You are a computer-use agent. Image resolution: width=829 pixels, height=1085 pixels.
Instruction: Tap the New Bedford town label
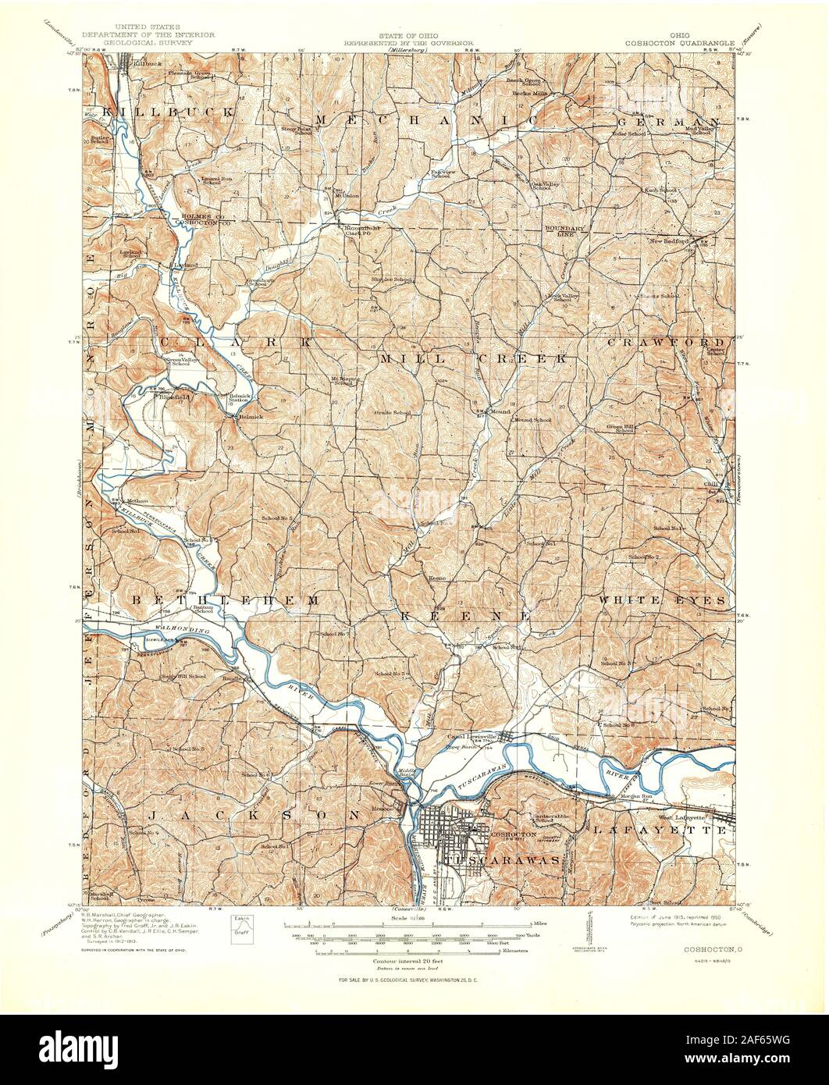[x=671, y=241]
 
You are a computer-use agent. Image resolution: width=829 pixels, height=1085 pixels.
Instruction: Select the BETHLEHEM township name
[x=225, y=600]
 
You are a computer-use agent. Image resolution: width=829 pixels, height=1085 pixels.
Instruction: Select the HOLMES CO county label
[x=199, y=216]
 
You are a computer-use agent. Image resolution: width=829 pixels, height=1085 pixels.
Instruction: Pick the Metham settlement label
[x=137, y=500]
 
